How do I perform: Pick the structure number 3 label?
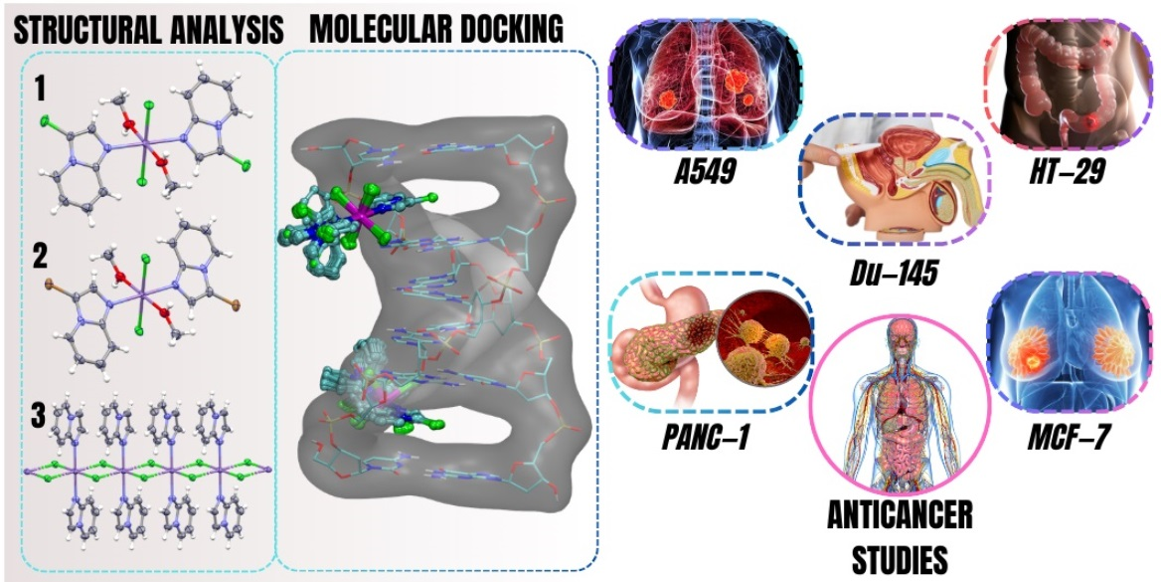point(38,414)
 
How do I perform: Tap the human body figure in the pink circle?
point(899,399)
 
